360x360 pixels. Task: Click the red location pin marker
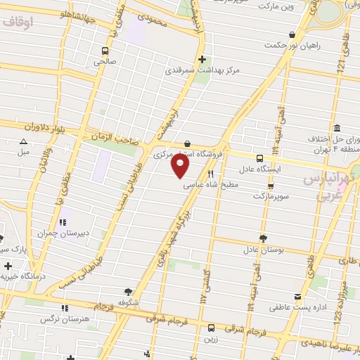point(181,165)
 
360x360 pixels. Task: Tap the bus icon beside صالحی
point(105,51)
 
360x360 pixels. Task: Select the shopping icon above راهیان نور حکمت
point(291,34)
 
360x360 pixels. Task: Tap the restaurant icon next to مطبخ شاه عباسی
point(210,174)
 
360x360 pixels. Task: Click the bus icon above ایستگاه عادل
point(259,158)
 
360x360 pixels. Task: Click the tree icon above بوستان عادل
point(263,238)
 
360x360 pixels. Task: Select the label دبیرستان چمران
point(56,232)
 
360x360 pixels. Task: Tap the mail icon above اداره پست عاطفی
point(298,297)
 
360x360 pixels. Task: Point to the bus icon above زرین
point(212,327)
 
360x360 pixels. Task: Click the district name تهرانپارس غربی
point(326,186)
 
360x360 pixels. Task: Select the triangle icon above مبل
point(23,141)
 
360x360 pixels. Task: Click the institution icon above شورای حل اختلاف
point(337,128)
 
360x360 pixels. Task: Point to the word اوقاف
point(18,22)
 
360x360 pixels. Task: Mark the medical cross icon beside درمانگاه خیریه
point(8,266)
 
